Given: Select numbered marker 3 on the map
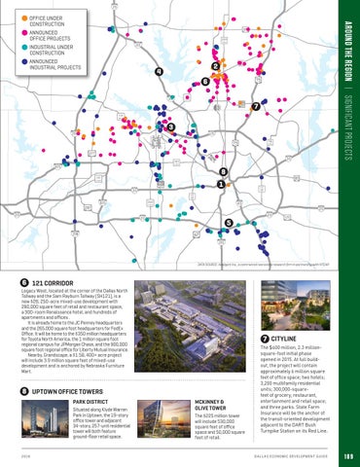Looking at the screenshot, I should tap(171, 127).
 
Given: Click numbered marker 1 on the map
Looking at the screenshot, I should tap(222, 184).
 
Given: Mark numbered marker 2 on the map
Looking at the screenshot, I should tap(214, 65).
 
